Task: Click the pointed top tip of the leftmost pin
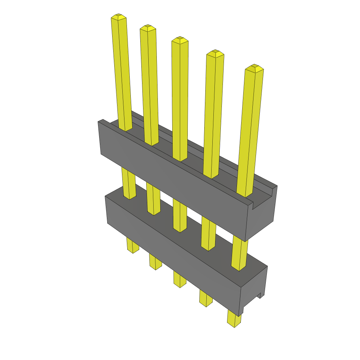[x=118, y=17]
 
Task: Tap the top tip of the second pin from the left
[x=148, y=27]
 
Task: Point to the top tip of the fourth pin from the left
[x=215, y=52]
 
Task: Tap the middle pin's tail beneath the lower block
[x=179, y=280]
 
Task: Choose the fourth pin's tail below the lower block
[x=206, y=299]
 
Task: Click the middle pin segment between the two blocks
[x=180, y=214]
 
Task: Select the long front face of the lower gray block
[x=172, y=253]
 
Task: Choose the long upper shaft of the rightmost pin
[x=250, y=130]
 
